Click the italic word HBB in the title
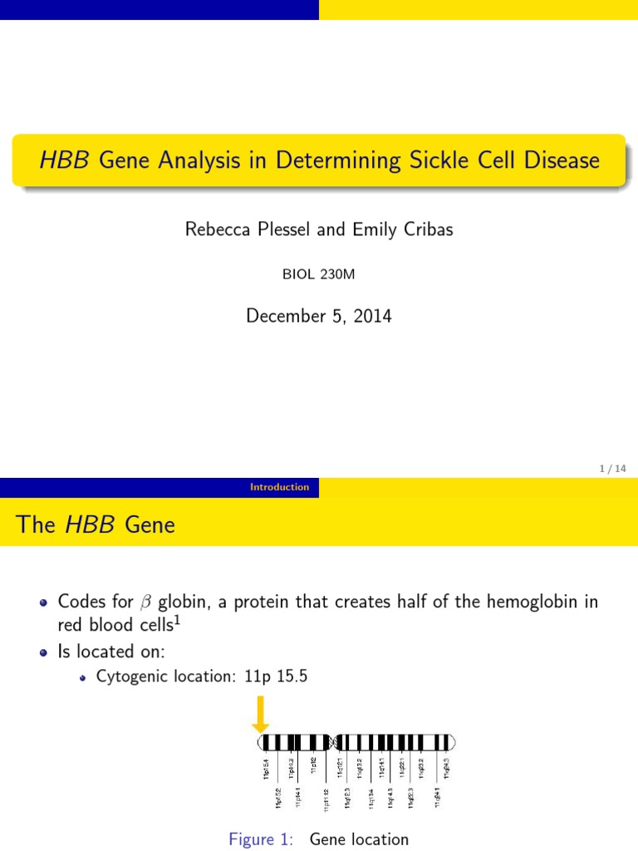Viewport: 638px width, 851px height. pyautogui.click(x=64, y=160)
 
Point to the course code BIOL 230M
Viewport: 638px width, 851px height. pyautogui.click(x=319, y=275)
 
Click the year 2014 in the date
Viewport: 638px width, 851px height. pyautogui.click(x=371, y=317)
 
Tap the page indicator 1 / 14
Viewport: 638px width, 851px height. pyautogui.click(x=612, y=470)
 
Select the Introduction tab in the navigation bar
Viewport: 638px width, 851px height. pyautogui.click(x=279, y=488)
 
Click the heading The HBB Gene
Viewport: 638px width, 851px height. pyautogui.click(x=96, y=524)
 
